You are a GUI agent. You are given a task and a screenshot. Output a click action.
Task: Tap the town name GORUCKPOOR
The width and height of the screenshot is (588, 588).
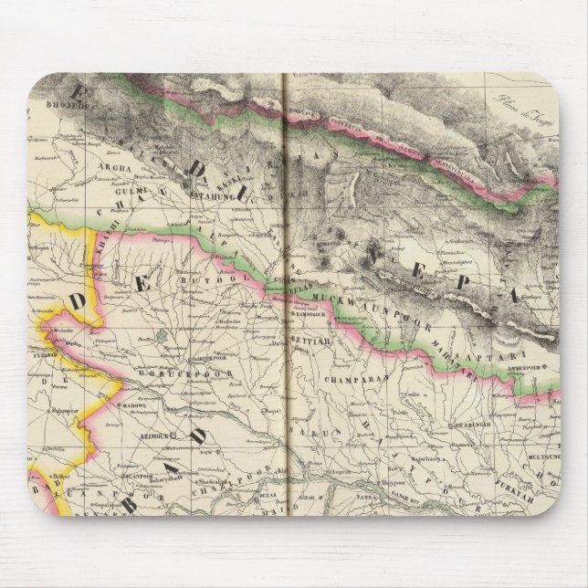163,374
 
